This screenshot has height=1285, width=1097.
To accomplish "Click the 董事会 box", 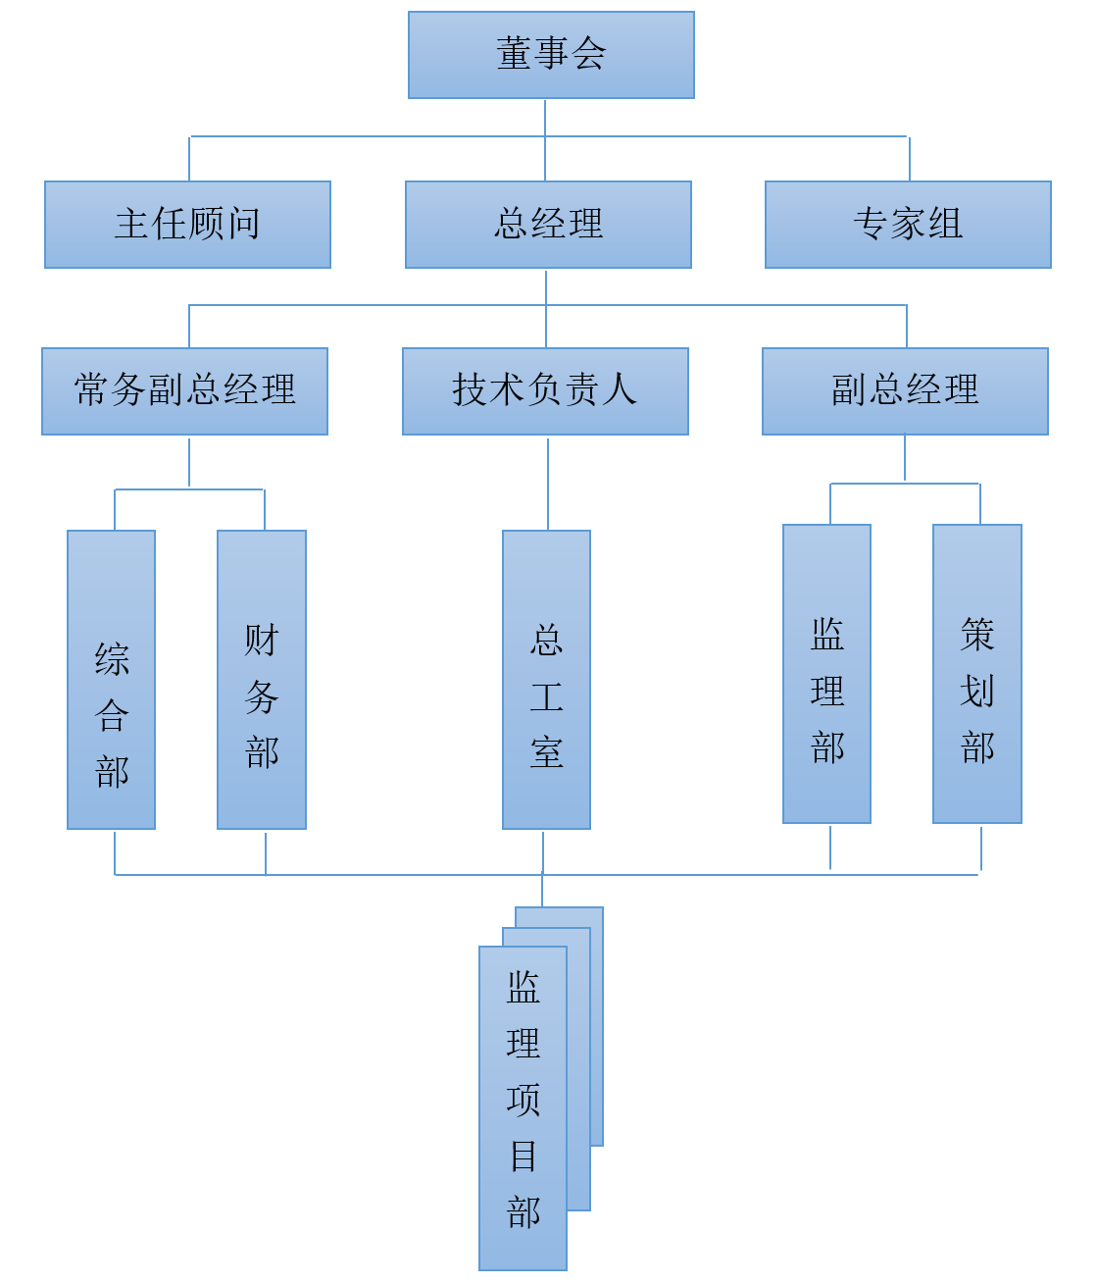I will click(551, 55).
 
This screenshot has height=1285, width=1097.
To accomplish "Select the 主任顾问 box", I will click(187, 225).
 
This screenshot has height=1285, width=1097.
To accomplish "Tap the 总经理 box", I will click(548, 225).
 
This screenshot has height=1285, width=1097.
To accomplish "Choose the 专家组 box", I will click(908, 225).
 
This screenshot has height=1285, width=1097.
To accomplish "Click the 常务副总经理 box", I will click(184, 391).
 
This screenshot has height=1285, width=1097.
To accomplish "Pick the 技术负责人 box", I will click(545, 391).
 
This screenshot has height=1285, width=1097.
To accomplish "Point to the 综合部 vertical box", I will click(111, 680).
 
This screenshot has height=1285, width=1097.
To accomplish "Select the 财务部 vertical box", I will click(262, 680).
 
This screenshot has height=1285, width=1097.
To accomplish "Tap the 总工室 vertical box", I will click(546, 680).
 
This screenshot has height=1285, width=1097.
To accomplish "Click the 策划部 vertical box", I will click(977, 674).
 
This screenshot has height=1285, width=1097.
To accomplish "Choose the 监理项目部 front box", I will click(523, 1108).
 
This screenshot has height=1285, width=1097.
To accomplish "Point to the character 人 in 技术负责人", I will click(619, 390).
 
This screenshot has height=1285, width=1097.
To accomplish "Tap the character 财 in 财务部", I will click(262, 641).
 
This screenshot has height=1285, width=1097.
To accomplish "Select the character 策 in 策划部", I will click(977, 635).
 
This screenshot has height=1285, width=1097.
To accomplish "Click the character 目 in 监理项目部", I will click(524, 1156).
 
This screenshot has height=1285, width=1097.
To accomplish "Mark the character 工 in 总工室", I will click(546, 697).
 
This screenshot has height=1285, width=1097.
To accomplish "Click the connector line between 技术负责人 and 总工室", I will click(548, 484).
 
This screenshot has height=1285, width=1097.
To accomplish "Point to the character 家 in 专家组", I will click(908, 225).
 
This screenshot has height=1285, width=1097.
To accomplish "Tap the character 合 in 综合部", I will click(112, 716).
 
